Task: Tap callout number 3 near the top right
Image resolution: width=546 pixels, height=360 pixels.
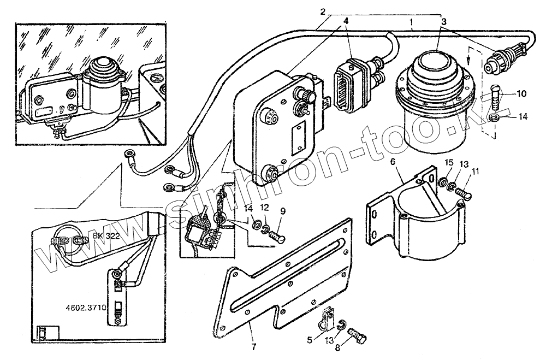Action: pyautogui.click(x=444, y=21)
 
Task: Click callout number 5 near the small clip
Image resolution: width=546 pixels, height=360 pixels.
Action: pyautogui.click(x=309, y=339)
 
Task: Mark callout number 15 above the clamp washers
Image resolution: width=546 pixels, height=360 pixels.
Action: pyautogui.click(x=448, y=162)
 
